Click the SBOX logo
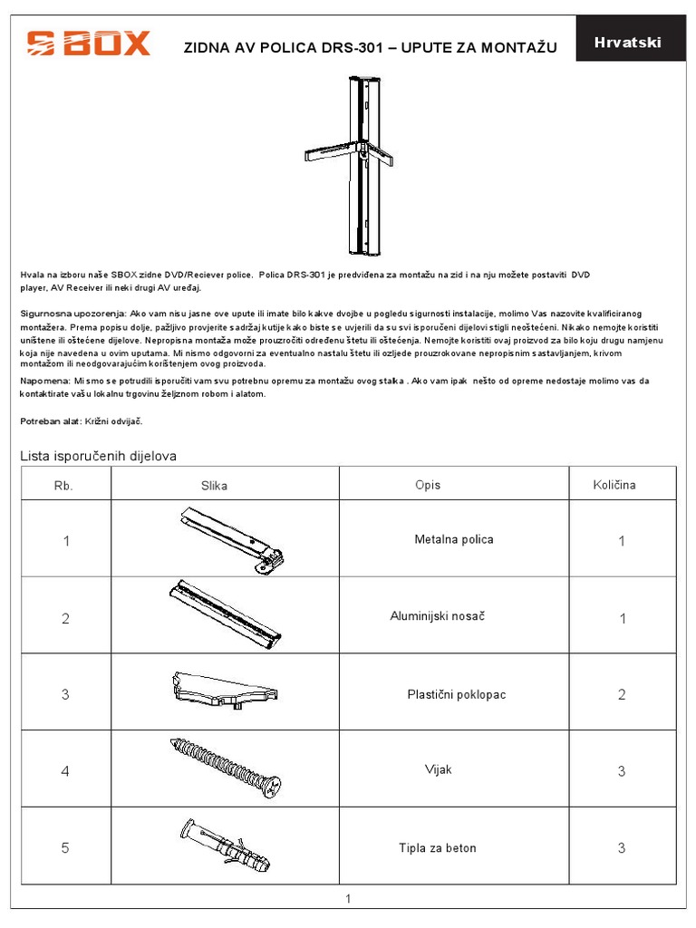[88, 43]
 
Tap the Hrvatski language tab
[627, 43]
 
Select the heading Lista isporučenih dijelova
[99, 455]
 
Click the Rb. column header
[63, 485]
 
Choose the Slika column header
[215, 485]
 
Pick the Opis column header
[428, 485]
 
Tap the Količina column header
[614, 485]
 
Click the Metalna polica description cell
[454, 539]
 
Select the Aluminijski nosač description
[438, 616]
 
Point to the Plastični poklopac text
[456, 694]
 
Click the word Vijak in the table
[439, 770]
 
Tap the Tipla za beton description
[438, 848]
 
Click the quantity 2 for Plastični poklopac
[622, 695]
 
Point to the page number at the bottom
[347, 899]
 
